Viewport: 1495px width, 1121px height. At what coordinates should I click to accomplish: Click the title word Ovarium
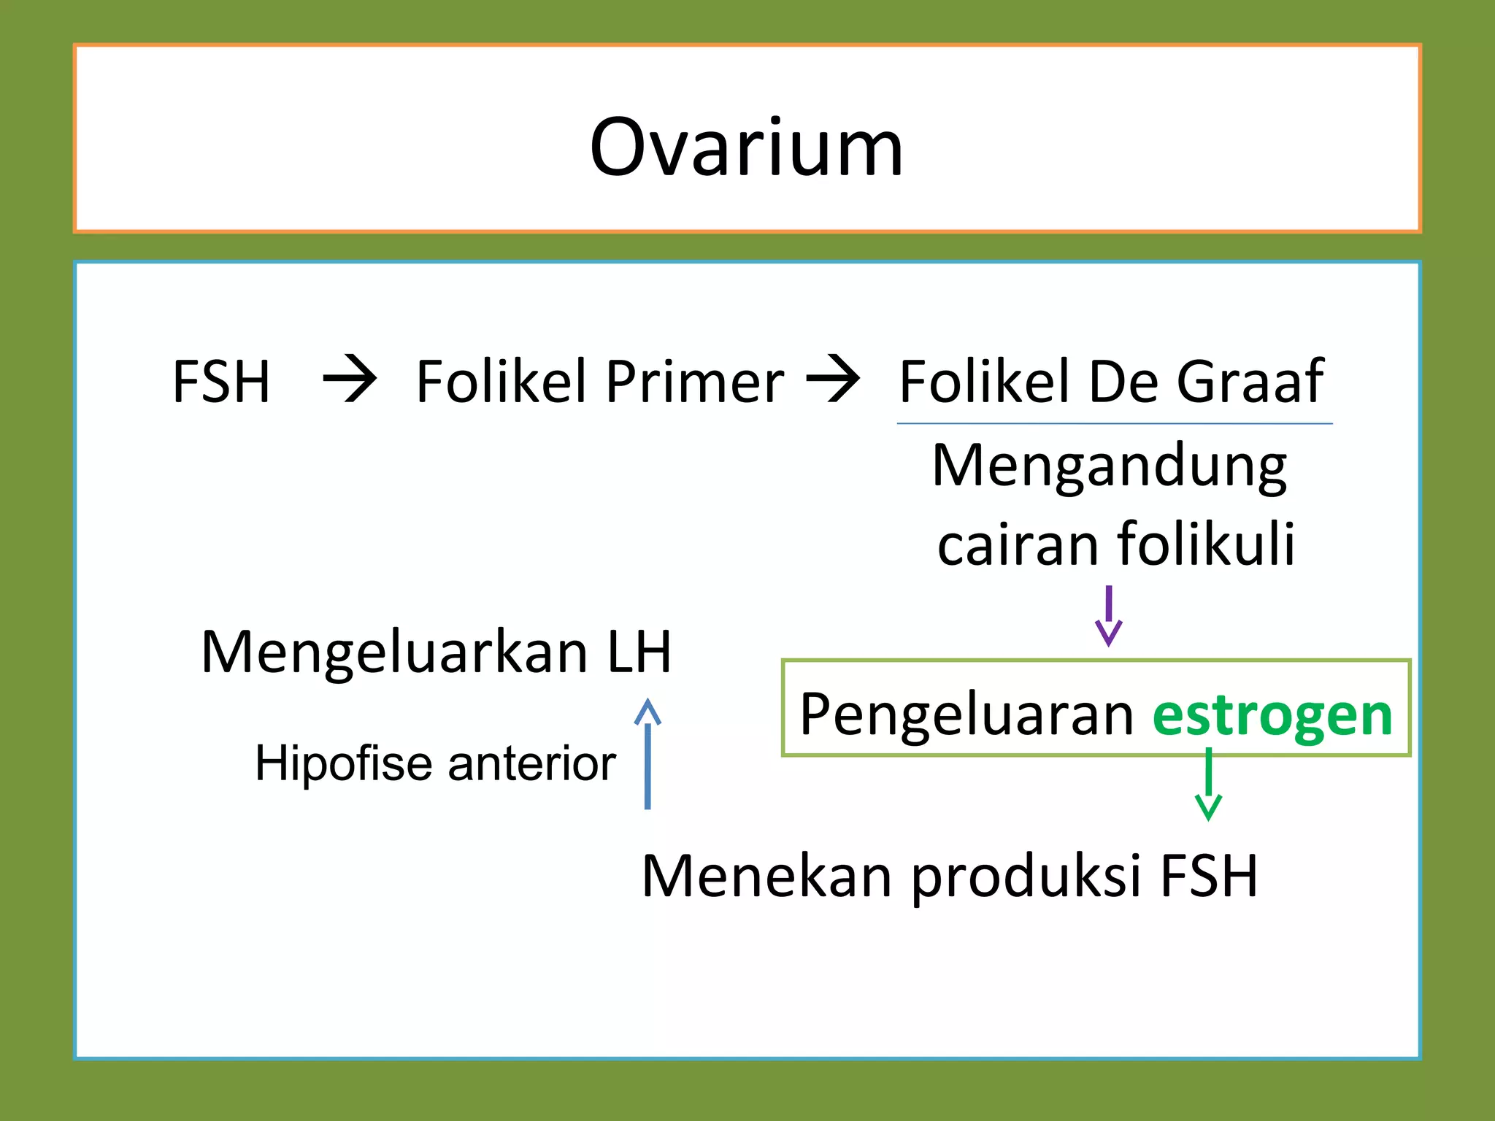click(x=746, y=148)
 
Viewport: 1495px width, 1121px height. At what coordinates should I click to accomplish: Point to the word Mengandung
click(x=1110, y=467)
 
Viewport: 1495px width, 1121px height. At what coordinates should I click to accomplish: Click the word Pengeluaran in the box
click(x=966, y=715)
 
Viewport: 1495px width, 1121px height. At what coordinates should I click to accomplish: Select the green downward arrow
click(x=1208, y=785)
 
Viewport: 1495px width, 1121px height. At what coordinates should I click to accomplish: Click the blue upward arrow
click(x=647, y=753)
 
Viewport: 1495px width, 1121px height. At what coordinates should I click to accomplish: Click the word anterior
click(x=531, y=764)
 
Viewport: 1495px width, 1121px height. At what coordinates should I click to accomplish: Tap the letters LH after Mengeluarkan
click(x=639, y=652)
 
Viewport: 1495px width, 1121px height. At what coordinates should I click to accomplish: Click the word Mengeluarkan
click(x=394, y=653)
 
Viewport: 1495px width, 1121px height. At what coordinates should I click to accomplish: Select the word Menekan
click(x=766, y=876)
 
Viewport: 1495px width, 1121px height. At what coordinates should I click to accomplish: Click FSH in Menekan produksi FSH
click(x=1209, y=876)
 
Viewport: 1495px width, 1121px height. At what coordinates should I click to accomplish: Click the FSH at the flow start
click(x=221, y=382)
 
